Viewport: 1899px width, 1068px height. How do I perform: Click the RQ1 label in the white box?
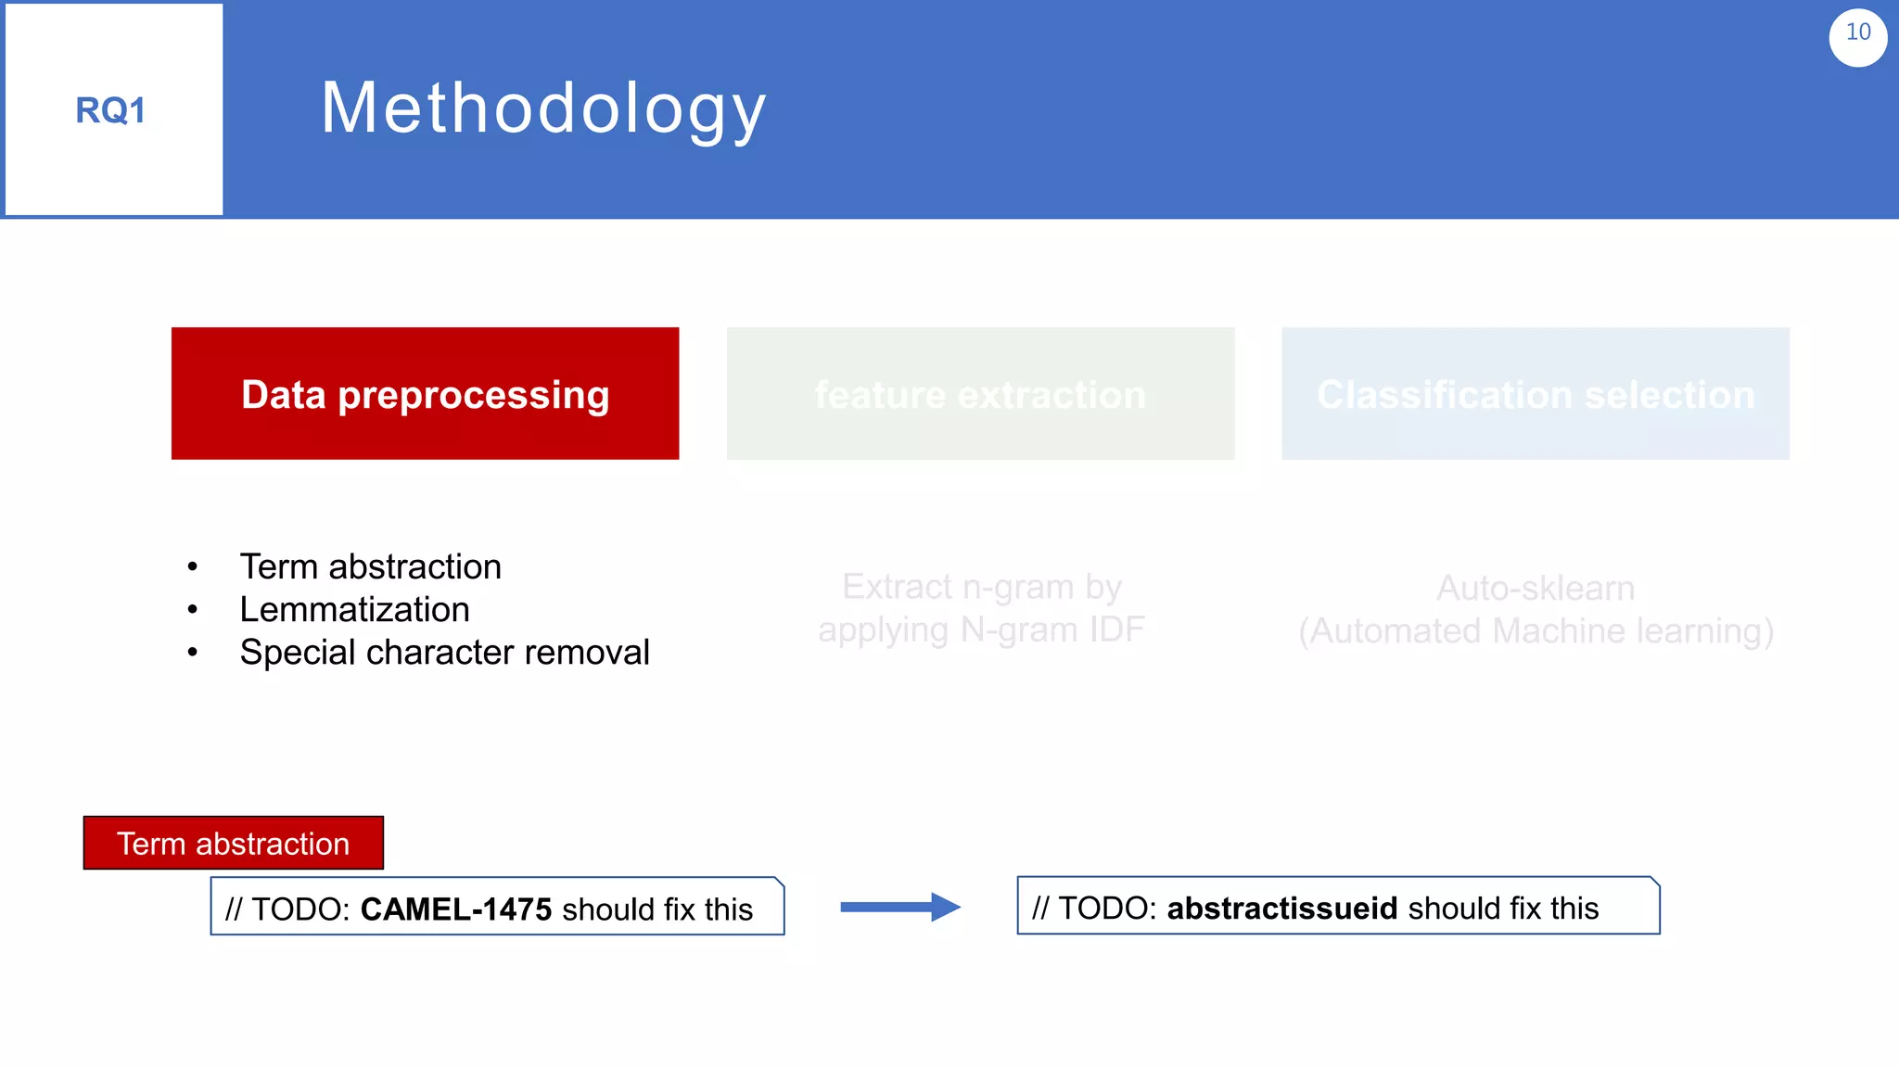[x=110, y=110]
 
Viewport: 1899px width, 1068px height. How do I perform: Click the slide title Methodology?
[x=543, y=108]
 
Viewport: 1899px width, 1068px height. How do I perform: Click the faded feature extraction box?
[x=980, y=394]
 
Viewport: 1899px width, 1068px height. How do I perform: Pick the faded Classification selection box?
[x=1536, y=394]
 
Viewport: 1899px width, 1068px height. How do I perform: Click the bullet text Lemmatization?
[x=354, y=609]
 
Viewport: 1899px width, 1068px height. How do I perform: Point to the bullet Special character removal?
[x=444, y=652]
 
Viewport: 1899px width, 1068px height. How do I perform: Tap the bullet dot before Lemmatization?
[x=192, y=610]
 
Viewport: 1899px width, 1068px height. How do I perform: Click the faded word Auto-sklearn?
[x=1536, y=588]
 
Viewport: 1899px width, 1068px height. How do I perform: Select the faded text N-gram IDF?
[x=1052, y=629]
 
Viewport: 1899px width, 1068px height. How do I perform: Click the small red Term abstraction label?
[x=233, y=843]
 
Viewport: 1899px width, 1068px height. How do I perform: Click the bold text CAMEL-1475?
[x=455, y=909]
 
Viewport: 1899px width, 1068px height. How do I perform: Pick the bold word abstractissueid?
[x=1281, y=908]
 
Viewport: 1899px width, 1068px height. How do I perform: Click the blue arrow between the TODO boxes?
[x=899, y=907]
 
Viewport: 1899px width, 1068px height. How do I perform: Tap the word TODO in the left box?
[x=300, y=909]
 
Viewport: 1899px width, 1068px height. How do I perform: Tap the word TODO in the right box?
[x=1106, y=908]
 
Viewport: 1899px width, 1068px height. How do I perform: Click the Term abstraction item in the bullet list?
[x=370, y=566]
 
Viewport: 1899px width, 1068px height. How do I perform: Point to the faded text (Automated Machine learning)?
[x=1536, y=630]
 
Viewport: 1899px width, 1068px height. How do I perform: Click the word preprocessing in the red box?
[x=473, y=395]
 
